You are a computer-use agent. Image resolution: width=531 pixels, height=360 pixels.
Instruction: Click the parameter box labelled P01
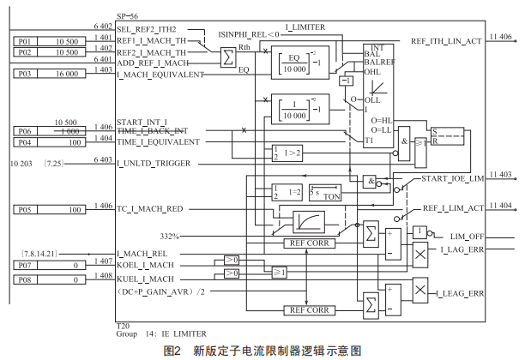click(27, 40)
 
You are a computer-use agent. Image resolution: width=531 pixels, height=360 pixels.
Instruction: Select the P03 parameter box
click(27, 74)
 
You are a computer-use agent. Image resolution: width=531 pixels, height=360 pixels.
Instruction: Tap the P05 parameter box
click(27, 209)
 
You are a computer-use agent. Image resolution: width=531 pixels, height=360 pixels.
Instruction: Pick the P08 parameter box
click(27, 279)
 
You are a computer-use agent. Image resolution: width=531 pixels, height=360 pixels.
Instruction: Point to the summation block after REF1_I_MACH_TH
click(226, 57)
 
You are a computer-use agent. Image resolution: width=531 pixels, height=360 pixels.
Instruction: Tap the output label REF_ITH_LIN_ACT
click(446, 40)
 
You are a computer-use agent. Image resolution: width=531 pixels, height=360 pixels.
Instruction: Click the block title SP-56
click(128, 18)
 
